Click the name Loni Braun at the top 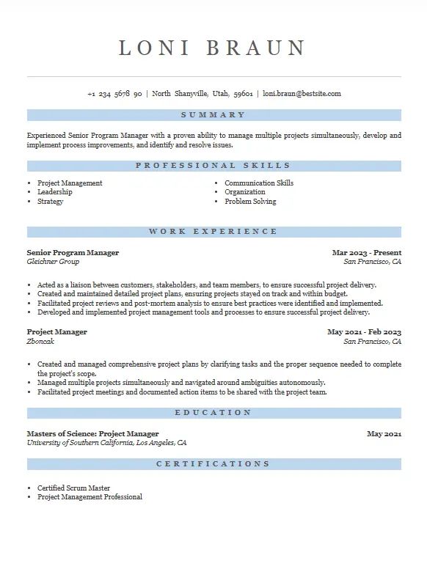click(x=213, y=48)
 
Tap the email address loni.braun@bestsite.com click(x=302, y=94)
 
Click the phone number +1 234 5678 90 click(x=114, y=94)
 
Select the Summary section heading click(x=213, y=115)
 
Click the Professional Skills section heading click(x=213, y=166)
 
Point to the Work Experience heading click(x=213, y=232)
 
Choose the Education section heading click(x=213, y=413)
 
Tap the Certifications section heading click(x=213, y=464)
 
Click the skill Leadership click(x=55, y=192)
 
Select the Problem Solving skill click(x=250, y=202)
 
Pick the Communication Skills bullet click(x=259, y=183)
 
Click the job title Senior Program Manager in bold click(x=73, y=253)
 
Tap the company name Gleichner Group click(x=53, y=262)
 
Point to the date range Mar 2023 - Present click(x=367, y=253)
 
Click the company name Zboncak click(x=41, y=341)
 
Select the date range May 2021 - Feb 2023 click(x=365, y=332)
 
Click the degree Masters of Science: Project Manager click(x=92, y=434)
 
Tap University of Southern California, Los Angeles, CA click(x=107, y=443)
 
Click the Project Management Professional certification click(x=90, y=497)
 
